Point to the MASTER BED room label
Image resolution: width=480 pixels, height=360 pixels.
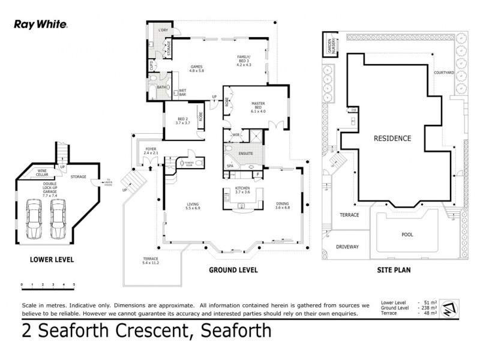258,108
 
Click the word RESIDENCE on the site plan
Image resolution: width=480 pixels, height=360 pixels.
392,138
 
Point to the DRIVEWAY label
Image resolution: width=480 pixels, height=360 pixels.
347,246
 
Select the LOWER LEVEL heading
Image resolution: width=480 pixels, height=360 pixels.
51,260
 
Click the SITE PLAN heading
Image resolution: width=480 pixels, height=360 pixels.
393,270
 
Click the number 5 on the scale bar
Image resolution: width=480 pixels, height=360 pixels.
74,284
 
